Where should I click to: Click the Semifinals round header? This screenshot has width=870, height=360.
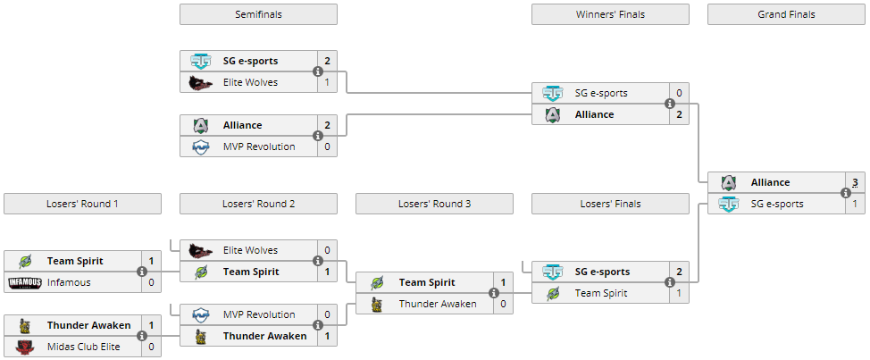(258, 14)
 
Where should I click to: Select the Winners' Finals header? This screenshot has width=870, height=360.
(610, 14)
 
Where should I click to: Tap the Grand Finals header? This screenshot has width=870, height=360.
(786, 14)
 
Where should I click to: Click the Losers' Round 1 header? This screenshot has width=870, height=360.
(82, 204)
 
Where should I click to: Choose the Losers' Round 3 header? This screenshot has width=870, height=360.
(434, 204)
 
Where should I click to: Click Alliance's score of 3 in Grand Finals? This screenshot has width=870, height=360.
(855, 182)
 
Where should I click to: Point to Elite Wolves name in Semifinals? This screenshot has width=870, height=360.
(250, 82)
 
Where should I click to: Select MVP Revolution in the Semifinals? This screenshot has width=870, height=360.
(258, 147)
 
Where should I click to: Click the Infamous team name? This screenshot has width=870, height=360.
(69, 282)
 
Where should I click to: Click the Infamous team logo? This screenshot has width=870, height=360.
(24, 282)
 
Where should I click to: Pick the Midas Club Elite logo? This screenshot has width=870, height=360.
(24, 347)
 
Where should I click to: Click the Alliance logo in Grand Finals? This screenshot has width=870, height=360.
(729, 182)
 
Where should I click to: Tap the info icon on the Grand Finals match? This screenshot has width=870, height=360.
(845, 193)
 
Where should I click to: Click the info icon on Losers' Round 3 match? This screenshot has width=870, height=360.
(493, 293)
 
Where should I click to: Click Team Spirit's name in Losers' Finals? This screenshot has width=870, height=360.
(601, 293)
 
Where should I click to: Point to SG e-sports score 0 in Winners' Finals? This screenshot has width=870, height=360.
(679, 93)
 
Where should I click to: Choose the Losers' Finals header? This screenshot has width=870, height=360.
(610, 204)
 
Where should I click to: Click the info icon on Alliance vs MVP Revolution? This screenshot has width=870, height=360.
(317, 136)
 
